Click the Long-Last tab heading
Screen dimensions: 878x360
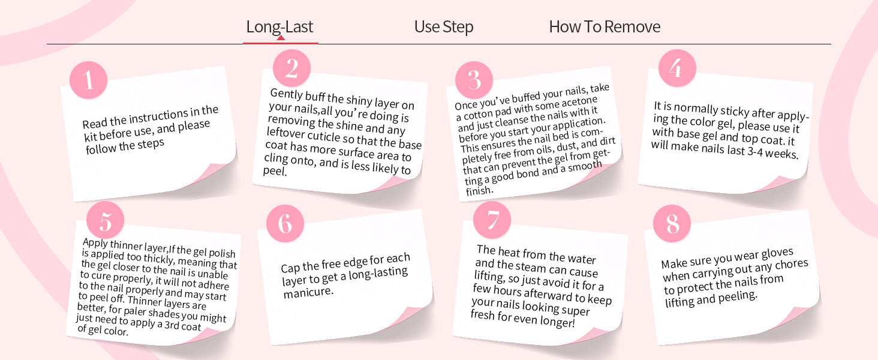click(279, 26)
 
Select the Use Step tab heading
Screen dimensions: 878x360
click(444, 26)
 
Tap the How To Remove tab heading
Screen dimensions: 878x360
click(605, 26)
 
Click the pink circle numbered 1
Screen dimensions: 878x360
click(89, 80)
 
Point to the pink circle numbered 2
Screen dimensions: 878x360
click(291, 68)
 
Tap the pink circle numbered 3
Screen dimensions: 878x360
click(474, 80)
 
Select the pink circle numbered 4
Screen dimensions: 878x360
click(677, 68)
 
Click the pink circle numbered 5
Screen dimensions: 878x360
click(105, 220)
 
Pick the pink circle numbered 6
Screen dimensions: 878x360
click(285, 224)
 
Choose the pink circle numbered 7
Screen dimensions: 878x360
click(492, 220)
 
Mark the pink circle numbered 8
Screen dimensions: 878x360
click(672, 224)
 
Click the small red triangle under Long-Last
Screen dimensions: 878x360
click(281, 38)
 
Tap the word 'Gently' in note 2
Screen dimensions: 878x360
click(287, 94)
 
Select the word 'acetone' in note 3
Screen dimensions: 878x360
click(579, 103)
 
